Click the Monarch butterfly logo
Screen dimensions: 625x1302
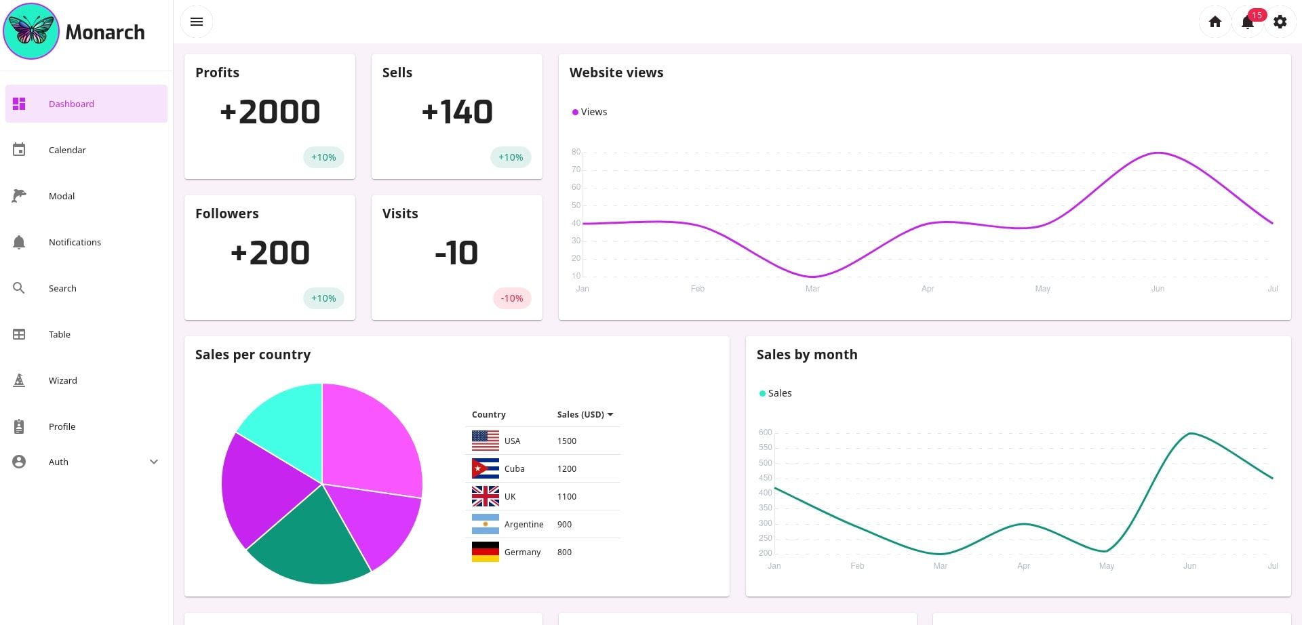point(31,31)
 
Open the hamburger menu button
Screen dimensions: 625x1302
point(197,22)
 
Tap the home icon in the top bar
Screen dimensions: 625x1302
point(1215,22)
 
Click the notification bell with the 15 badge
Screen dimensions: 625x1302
point(1248,22)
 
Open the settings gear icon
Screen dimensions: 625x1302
point(1280,22)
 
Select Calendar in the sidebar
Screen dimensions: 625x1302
point(67,150)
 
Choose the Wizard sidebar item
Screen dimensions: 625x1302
point(62,380)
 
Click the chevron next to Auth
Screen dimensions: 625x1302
point(154,462)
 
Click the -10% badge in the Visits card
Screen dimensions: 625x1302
point(511,298)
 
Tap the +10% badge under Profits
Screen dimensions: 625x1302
point(323,157)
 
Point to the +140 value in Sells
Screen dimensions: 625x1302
point(457,112)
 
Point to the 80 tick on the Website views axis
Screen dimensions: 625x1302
point(576,152)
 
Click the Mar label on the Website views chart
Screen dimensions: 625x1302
point(812,289)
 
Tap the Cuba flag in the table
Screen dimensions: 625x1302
point(485,468)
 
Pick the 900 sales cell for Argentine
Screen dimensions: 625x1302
point(564,524)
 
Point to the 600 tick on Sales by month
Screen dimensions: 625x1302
point(765,432)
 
